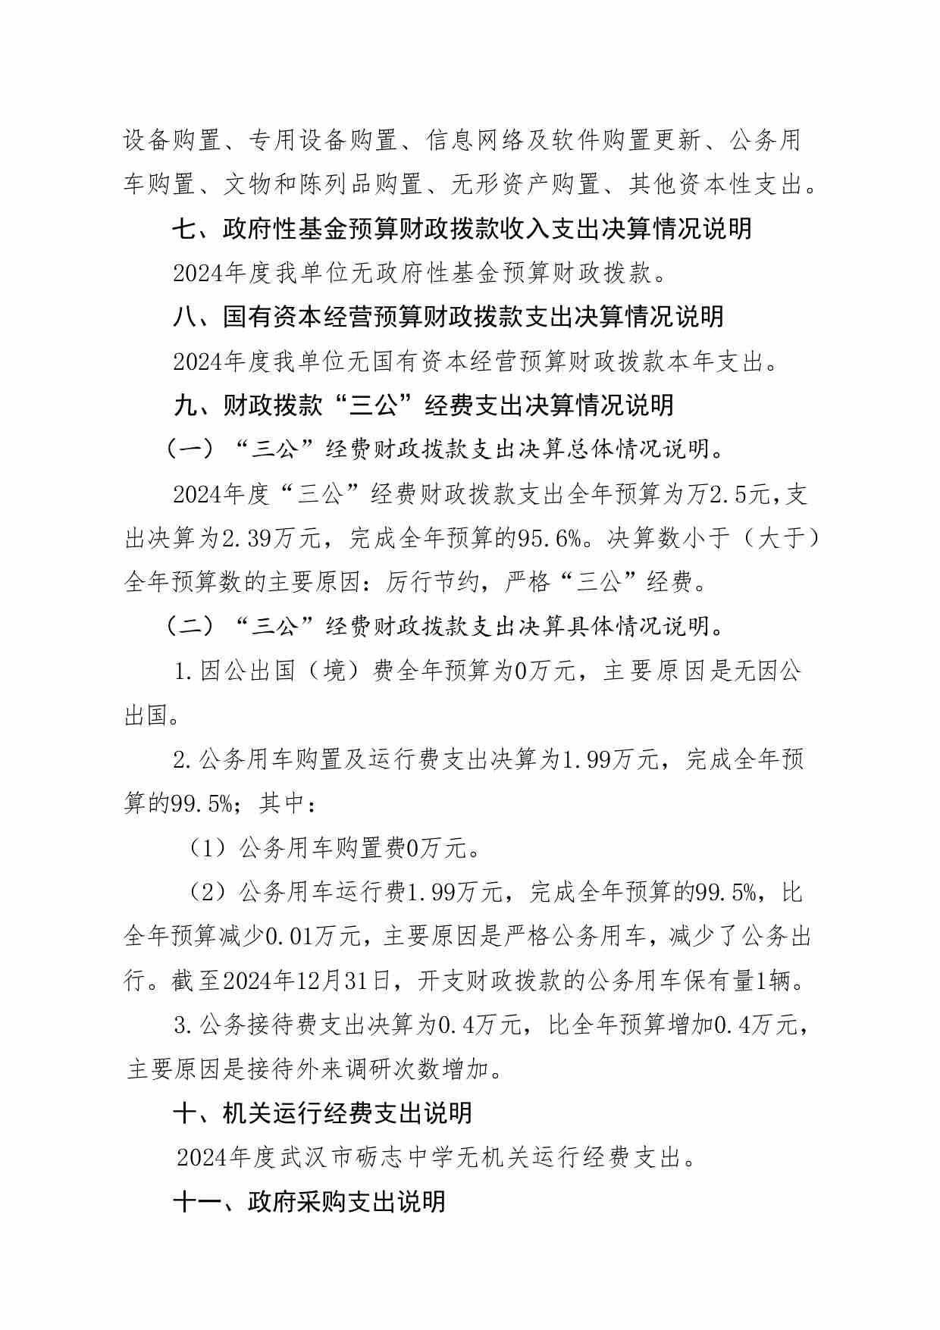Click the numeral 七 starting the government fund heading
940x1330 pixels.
pyautogui.click(x=184, y=228)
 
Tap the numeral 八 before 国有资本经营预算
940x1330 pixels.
pyautogui.click(x=184, y=317)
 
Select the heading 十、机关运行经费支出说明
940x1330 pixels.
pyautogui.click(x=322, y=1113)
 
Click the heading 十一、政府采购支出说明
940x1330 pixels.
pyautogui.click(x=309, y=1201)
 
